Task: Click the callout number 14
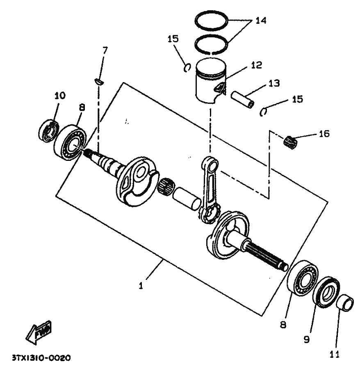click(x=261, y=21)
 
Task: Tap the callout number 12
click(x=256, y=65)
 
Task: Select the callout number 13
click(x=274, y=83)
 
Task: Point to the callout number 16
click(x=324, y=134)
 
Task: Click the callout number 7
click(x=105, y=50)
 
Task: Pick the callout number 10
click(x=60, y=96)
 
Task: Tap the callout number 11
click(x=335, y=354)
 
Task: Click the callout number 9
click(x=307, y=340)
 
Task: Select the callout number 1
click(x=141, y=286)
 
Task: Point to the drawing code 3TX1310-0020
click(x=41, y=358)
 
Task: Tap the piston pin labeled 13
click(x=242, y=99)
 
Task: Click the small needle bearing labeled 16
click(x=290, y=143)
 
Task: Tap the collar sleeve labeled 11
click(x=345, y=303)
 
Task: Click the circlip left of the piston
click(x=187, y=68)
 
